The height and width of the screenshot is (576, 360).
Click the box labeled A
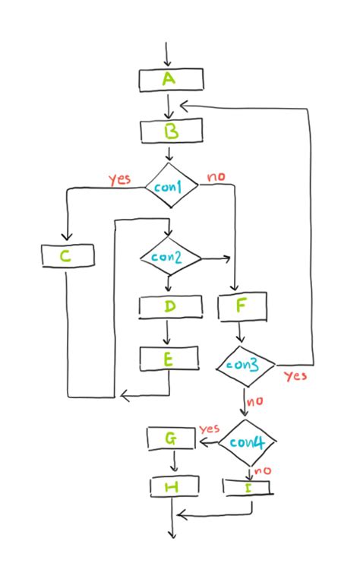point(171,79)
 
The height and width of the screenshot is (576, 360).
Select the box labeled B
point(172,131)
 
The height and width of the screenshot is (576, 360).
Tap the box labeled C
point(68,256)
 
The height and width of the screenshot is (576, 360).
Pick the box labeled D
point(170,306)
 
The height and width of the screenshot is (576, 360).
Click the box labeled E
point(169,358)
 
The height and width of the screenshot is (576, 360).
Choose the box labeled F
point(242,306)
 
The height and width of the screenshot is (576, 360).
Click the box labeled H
point(173,486)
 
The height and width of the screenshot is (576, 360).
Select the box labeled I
point(247,486)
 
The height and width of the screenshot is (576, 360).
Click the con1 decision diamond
point(171,185)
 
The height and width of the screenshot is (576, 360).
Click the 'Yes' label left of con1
point(119,179)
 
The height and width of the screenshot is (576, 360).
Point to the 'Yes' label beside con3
point(295,375)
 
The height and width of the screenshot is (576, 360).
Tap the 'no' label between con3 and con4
point(254,401)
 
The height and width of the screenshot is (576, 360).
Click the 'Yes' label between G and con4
point(209,429)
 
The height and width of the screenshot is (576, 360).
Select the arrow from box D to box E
point(167,331)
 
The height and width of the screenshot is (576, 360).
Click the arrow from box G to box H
point(174,462)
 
